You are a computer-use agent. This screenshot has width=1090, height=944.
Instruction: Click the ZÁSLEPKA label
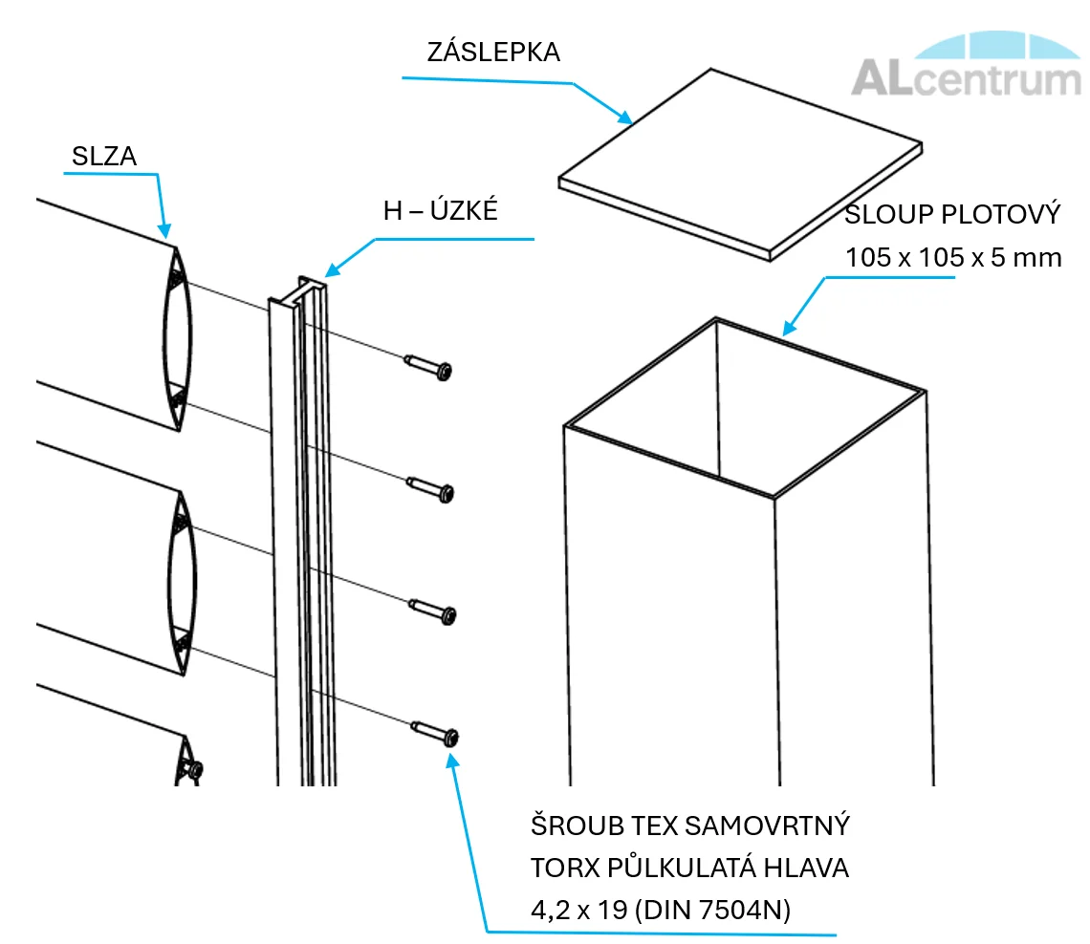[492, 53]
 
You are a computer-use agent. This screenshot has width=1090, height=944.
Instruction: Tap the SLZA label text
[104, 157]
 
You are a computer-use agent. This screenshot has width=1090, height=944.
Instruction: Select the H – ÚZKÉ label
[441, 210]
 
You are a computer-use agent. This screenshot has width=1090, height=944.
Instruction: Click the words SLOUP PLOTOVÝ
[952, 214]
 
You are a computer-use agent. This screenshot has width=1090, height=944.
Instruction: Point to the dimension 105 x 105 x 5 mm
[952, 257]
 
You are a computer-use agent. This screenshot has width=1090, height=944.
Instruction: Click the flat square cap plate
[739, 162]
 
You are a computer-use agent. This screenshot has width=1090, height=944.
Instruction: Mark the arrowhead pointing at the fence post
[787, 331]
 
